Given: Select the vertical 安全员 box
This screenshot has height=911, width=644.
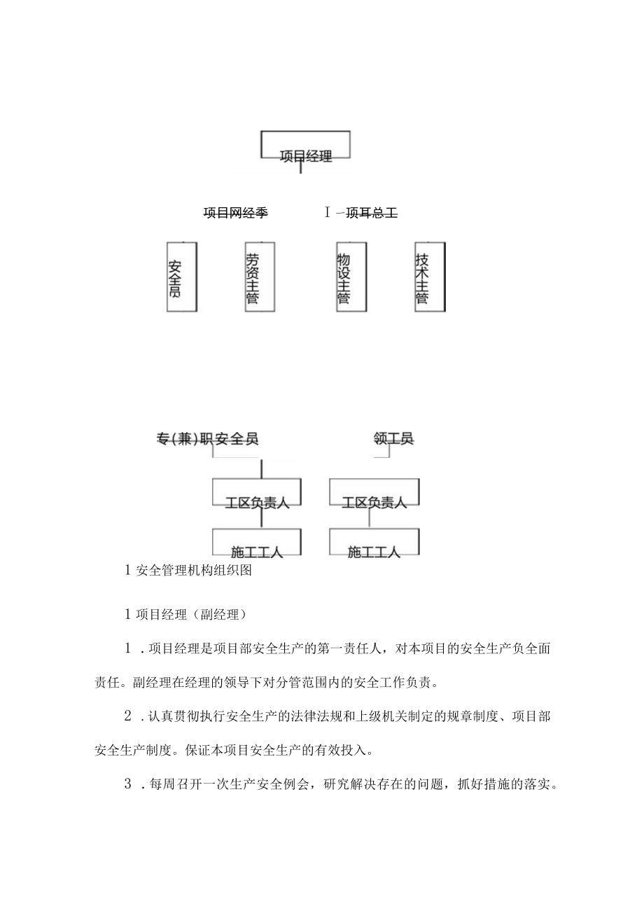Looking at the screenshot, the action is (181, 277).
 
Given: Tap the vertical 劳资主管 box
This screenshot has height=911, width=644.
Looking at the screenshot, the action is (259, 277).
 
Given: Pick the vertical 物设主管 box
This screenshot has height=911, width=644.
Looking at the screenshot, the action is (351, 277).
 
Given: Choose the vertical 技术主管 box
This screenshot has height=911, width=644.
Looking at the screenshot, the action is (428, 277).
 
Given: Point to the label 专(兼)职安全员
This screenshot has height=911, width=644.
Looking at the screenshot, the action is (207, 439).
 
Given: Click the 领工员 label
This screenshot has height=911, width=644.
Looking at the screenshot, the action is (393, 439).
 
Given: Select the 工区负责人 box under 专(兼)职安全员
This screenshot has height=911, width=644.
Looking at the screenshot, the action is (257, 494).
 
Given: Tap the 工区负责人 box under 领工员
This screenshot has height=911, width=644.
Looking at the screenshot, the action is (374, 494).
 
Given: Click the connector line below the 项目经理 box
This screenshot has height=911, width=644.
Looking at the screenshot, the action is (300, 166).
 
